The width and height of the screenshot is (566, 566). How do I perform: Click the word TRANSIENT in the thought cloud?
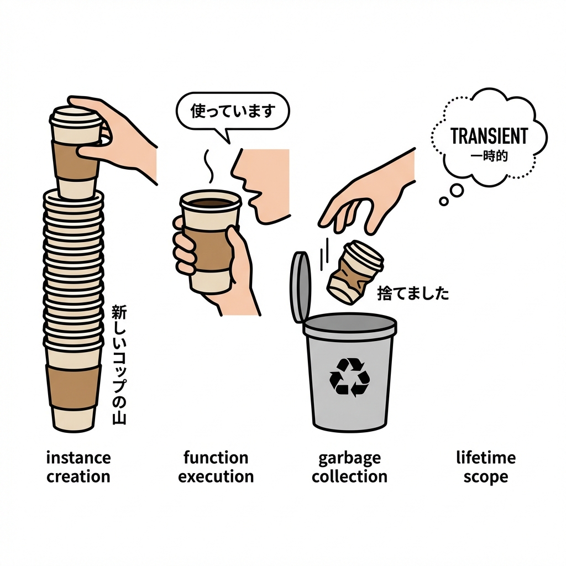click(x=489, y=136)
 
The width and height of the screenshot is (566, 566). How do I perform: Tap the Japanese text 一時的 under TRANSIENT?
click(x=489, y=156)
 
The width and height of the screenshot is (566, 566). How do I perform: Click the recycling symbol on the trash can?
click(x=349, y=377)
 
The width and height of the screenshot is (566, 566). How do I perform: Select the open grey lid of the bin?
click(x=301, y=287)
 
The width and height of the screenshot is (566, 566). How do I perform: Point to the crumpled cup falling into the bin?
click(x=354, y=272)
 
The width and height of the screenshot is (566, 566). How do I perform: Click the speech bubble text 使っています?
click(x=233, y=111)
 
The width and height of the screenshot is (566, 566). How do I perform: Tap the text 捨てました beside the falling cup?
click(x=413, y=293)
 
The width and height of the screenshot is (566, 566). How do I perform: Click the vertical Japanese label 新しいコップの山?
click(x=119, y=365)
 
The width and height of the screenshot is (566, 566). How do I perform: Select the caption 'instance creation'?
click(x=78, y=467)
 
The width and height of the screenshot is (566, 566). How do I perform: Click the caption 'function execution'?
click(x=216, y=467)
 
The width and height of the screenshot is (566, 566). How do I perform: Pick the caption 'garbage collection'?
click(x=349, y=467)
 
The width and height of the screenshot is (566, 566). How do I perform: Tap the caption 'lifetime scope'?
click(x=486, y=467)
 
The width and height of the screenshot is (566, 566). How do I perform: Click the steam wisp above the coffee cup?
click(x=208, y=166)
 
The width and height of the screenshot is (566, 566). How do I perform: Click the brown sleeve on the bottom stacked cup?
click(x=74, y=386)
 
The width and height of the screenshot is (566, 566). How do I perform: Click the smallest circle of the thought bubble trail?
click(x=444, y=201)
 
